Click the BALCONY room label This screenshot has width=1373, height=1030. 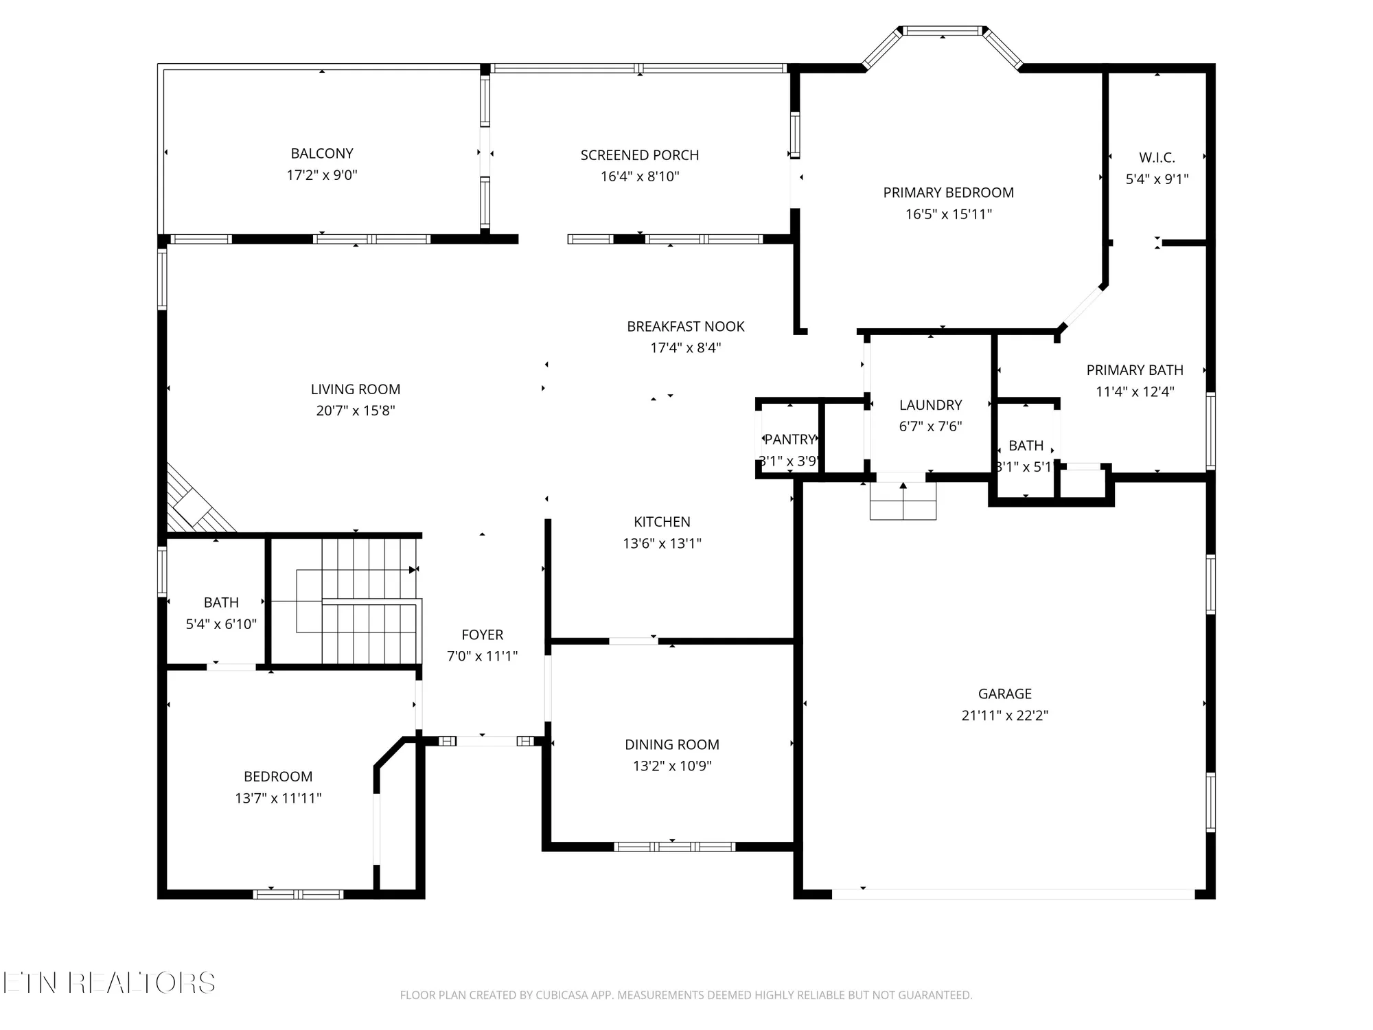click(321, 154)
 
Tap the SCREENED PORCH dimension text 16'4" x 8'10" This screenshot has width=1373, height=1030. click(640, 176)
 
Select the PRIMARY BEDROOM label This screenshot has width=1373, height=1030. click(948, 193)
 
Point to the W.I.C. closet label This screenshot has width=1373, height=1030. click(1157, 158)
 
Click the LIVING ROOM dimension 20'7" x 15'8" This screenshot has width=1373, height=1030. click(356, 411)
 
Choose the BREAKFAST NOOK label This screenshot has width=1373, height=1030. click(685, 327)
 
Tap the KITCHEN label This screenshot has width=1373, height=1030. click(662, 522)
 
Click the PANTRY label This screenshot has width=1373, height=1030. click(789, 439)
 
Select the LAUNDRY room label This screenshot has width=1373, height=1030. click(930, 405)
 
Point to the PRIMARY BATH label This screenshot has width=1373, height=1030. click(1135, 370)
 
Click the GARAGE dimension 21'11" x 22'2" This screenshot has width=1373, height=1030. click(1004, 716)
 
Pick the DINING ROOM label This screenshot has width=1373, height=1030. click(671, 744)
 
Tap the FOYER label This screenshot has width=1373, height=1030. click(482, 634)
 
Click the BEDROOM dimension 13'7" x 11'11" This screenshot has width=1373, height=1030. click(278, 798)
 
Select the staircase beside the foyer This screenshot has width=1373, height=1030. click(357, 601)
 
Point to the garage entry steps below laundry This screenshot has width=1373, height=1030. click(903, 501)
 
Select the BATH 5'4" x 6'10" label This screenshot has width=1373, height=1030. click(221, 603)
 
